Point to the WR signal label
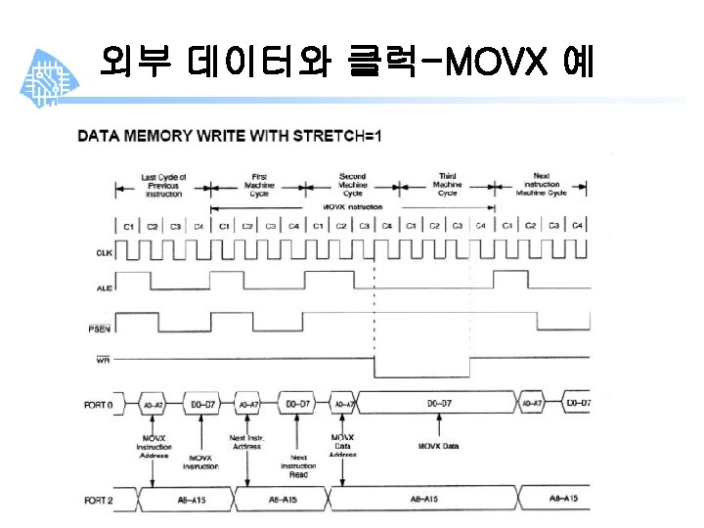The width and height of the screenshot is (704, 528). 103,360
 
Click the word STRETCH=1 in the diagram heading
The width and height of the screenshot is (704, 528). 347,133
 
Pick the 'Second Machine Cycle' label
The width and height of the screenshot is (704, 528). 352,185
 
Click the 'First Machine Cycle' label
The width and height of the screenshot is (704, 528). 258,185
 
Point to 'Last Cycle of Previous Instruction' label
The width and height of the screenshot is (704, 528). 163,185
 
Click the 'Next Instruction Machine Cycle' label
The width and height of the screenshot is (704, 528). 541,185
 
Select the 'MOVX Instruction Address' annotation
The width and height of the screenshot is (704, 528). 154,446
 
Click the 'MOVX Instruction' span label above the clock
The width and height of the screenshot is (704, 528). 352,207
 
